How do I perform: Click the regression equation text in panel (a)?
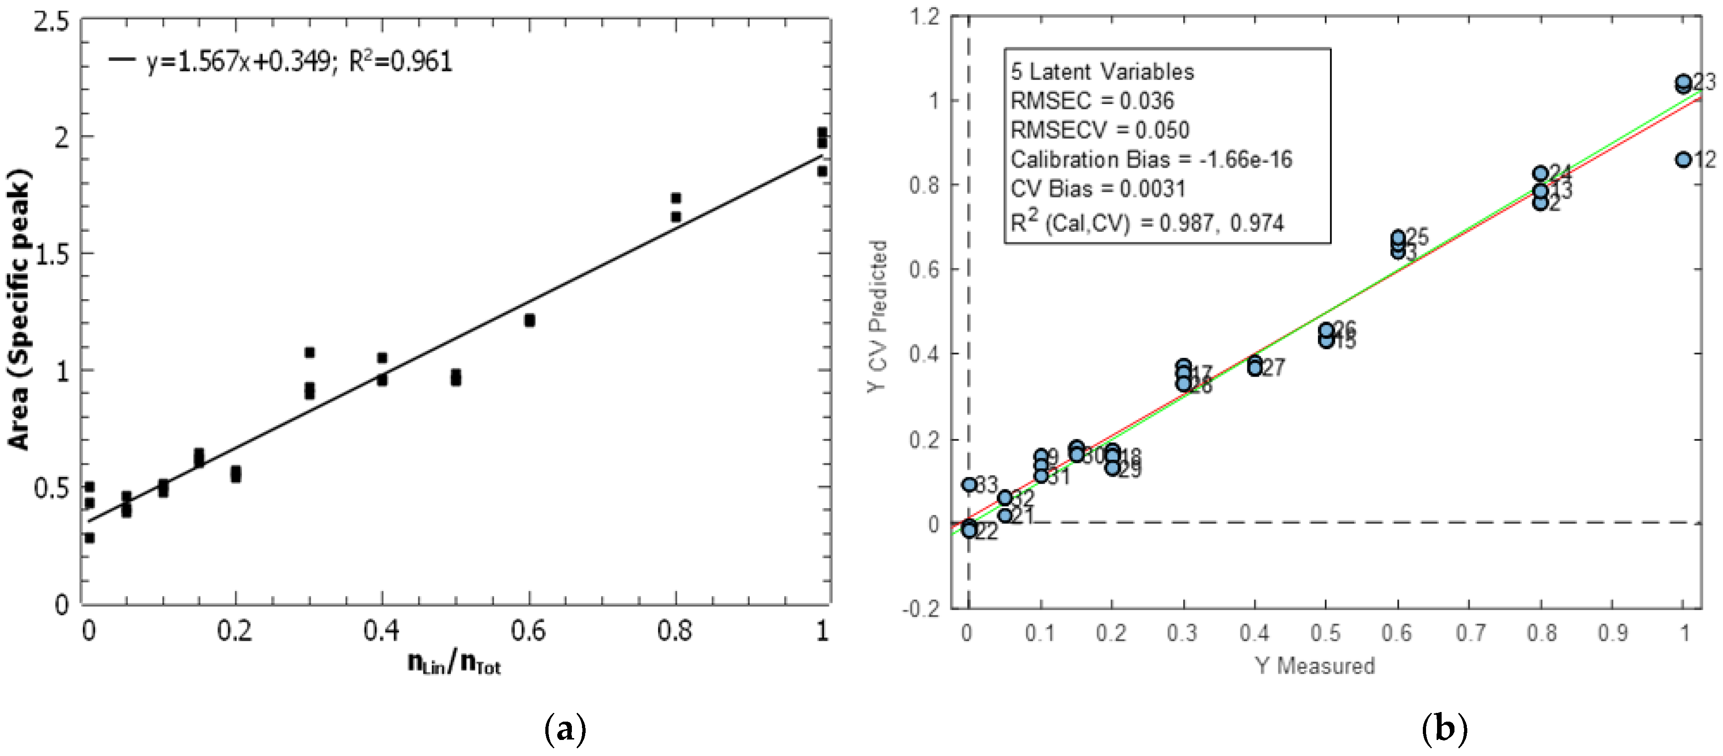pos(298,61)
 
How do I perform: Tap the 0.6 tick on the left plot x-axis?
pos(528,630)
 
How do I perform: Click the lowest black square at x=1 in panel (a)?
pos(822,172)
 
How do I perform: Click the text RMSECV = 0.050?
pos(1100,130)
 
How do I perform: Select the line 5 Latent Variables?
pos(1102,71)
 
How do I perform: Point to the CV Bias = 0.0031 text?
pos(1097,189)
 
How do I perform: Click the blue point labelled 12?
pos(1684,159)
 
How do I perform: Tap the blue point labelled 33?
pos(969,484)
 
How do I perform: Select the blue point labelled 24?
pos(1541,173)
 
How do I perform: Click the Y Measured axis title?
pos(1314,666)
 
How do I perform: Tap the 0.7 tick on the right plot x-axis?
pos(1470,632)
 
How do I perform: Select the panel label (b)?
pos(1443,729)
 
